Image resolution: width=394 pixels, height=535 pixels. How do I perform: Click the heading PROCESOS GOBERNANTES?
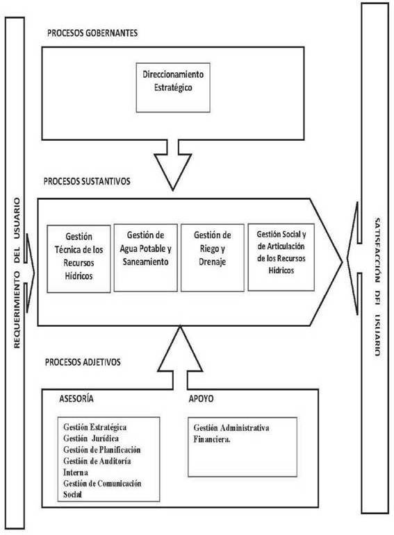pos(92,33)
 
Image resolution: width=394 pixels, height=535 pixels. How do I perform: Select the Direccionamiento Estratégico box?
pos(173,87)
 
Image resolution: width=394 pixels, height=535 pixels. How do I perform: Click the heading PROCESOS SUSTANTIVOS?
pos(87,181)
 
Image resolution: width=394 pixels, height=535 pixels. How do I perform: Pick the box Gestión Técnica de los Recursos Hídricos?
pos(79,259)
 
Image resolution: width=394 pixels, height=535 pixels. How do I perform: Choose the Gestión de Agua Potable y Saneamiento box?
pos(145,257)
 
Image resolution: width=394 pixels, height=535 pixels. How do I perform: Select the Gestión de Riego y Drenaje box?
pos(213,257)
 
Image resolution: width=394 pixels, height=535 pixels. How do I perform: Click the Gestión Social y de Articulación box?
pos(281,257)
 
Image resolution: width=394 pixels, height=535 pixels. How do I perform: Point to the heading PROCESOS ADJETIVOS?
pos(83,362)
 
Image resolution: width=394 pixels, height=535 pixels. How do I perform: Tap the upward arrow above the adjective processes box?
pos(180,357)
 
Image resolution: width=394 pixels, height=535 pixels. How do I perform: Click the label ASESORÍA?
pos(76,398)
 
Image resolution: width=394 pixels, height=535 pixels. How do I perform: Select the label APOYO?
pos(201,398)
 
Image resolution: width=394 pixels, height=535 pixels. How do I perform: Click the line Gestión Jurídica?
pos(91,439)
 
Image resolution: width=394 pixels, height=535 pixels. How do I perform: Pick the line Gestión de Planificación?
pos(102,450)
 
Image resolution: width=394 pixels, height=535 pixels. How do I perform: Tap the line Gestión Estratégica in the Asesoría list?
pos(95,427)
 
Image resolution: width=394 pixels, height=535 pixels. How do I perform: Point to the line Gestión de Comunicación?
pos(102,484)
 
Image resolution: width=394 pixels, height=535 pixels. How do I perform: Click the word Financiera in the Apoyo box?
pos(212,439)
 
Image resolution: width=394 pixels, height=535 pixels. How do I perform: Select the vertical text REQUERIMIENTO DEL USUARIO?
pos(17,273)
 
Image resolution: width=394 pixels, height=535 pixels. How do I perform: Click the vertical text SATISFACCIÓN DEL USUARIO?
pos(377,287)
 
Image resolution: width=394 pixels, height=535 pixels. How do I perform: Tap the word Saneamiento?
pos(145,262)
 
